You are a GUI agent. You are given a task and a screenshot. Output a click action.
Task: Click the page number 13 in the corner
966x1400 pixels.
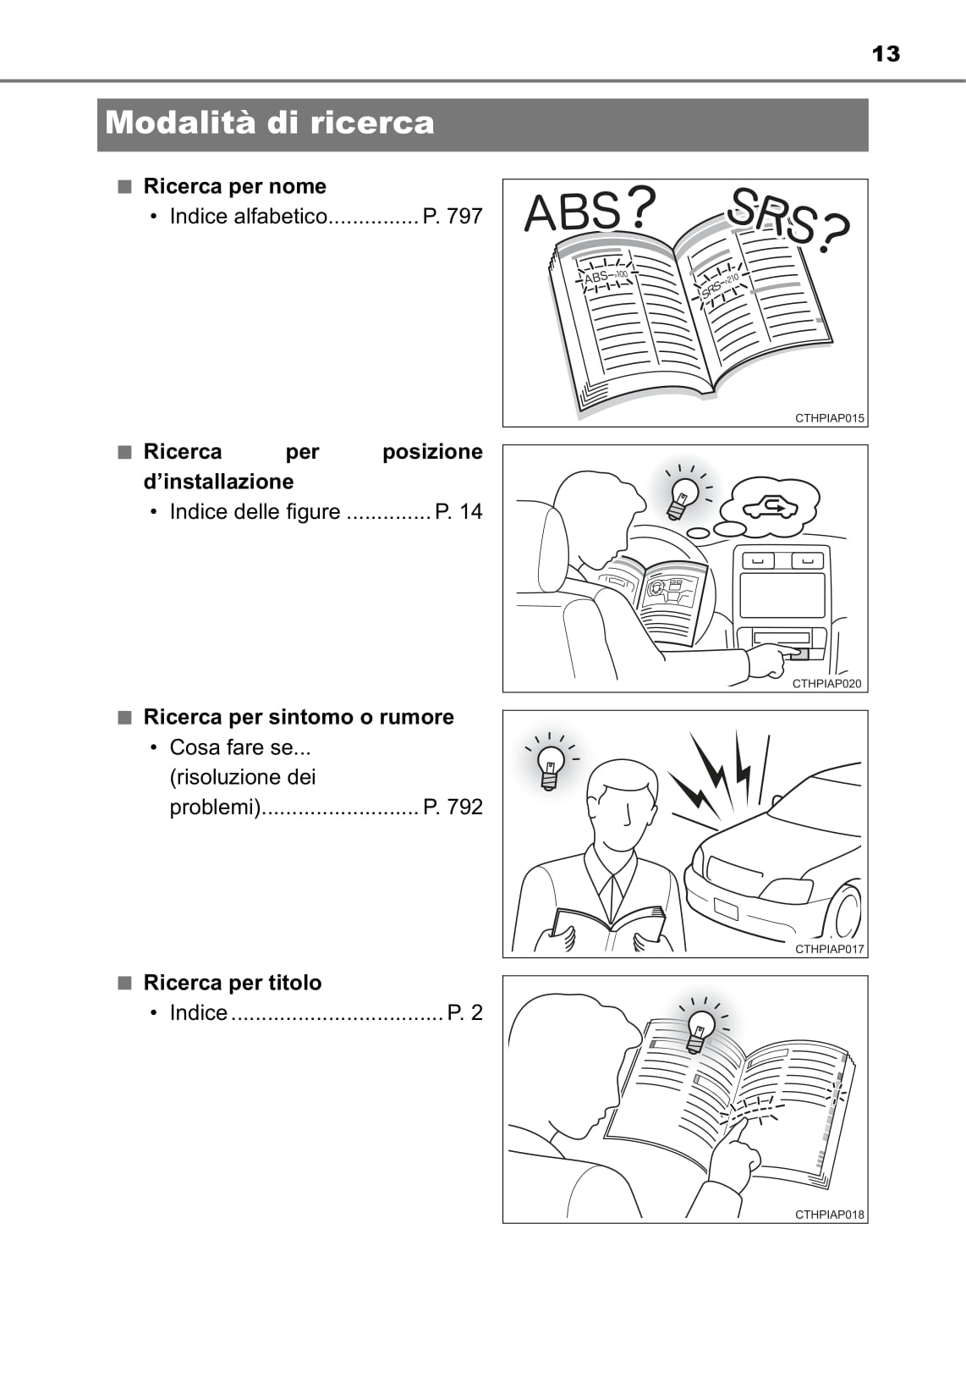pyautogui.click(x=886, y=54)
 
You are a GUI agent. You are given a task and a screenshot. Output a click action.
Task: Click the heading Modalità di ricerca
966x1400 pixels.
pyautogui.click(x=270, y=123)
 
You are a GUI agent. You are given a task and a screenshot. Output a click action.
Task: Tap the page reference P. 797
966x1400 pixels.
pyautogui.click(x=452, y=216)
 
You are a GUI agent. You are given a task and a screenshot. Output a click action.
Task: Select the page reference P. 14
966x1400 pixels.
pyautogui.click(x=458, y=512)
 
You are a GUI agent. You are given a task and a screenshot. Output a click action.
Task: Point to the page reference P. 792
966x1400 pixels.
pyautogui.click(x=452, y=807)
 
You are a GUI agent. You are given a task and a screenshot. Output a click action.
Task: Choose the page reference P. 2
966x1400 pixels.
pyautogui.click(x=464, y=1012)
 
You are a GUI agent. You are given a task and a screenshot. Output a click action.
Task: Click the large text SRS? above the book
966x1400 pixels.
pyautogui.click(x=789, y=218)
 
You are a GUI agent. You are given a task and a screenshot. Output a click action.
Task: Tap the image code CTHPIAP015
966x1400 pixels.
pyautogui.click(x=829, y=418)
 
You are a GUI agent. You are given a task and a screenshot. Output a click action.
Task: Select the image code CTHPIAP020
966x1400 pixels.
pyautogui.click(x=826, y=684)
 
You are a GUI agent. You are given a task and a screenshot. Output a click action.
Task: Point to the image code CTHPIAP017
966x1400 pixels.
pyautogui.click(x=829, y=949)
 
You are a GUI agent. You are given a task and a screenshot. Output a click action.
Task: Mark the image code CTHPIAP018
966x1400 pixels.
pyautogui.click(x=829, y=1215)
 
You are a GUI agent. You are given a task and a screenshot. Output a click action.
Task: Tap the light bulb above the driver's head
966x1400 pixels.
pyautogui.click(x=682, y=498)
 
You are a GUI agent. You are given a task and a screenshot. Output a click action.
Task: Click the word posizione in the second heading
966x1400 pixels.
pyautogui.click(x=432, y=452)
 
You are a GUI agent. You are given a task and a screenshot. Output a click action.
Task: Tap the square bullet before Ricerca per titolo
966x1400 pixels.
pyautogui.click(x=125, y=983)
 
